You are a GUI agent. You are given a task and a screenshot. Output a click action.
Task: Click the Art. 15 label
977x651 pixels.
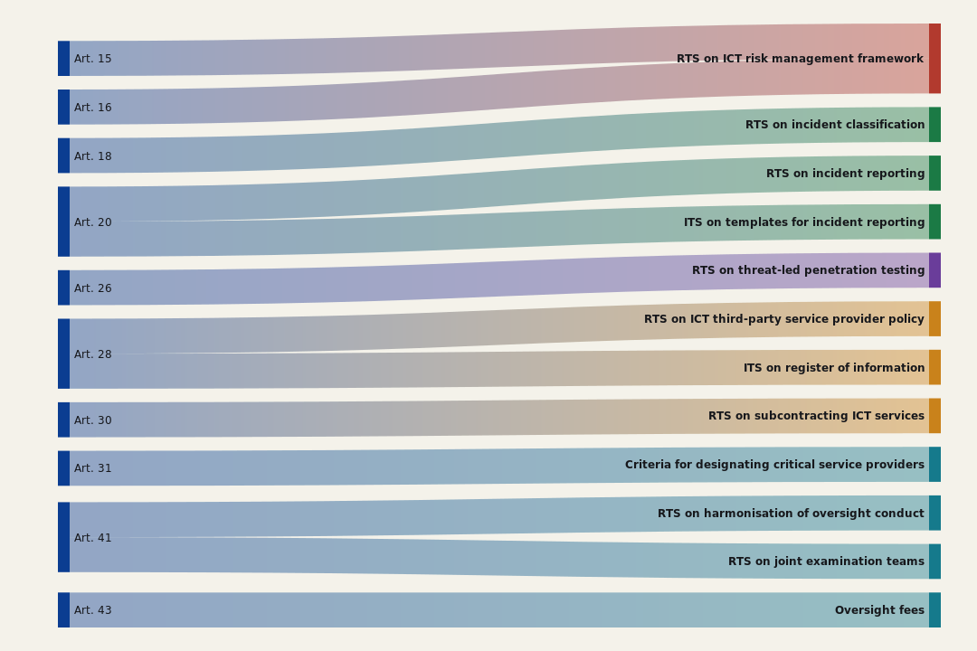(x=93, y=59)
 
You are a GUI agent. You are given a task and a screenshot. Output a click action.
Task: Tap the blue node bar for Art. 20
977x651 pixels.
(x=63, y=222)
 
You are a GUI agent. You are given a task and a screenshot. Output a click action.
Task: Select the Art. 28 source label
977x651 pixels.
(x=93, y=354)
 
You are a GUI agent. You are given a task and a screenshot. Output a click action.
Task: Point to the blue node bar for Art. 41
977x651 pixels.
(x=63, y=537)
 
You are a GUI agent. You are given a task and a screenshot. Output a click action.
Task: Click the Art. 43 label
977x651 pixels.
(x=93, y=610)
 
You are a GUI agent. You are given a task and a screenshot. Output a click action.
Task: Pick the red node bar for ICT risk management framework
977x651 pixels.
(x=934, y=59)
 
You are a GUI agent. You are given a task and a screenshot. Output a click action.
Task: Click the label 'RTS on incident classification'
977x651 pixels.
(x=835, y=125)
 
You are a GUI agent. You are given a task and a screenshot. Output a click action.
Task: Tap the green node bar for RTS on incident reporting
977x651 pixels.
(x=934, y=174)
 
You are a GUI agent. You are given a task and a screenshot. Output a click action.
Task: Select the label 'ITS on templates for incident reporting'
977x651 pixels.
(x=804, y=222)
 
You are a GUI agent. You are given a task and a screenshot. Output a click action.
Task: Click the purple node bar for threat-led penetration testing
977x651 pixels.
(x=934, y=270)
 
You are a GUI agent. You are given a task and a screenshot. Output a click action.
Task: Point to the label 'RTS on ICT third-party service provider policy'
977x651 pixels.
(x=783, y=319)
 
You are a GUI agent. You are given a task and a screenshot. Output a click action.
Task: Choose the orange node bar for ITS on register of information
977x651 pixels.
(x=934, y=367)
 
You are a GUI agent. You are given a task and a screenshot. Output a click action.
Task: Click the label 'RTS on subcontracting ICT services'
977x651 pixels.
(x=816, y=416)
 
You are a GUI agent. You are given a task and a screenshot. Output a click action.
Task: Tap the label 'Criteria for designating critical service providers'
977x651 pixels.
(x=774, y=465)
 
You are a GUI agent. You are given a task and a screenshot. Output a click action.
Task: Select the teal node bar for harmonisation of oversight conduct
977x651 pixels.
(x=934, y=513)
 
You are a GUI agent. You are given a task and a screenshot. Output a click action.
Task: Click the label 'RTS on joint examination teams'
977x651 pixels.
(x=826, y=561)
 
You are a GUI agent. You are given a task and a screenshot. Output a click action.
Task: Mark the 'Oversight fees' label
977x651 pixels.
(x=880, y=610)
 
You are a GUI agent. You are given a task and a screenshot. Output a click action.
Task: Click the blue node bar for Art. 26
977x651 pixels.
(x=63, y=288)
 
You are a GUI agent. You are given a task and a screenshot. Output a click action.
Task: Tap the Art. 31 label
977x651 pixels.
(x=93, y=467)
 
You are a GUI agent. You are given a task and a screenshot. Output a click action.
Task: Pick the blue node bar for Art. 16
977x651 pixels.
(x=63, y=108)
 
